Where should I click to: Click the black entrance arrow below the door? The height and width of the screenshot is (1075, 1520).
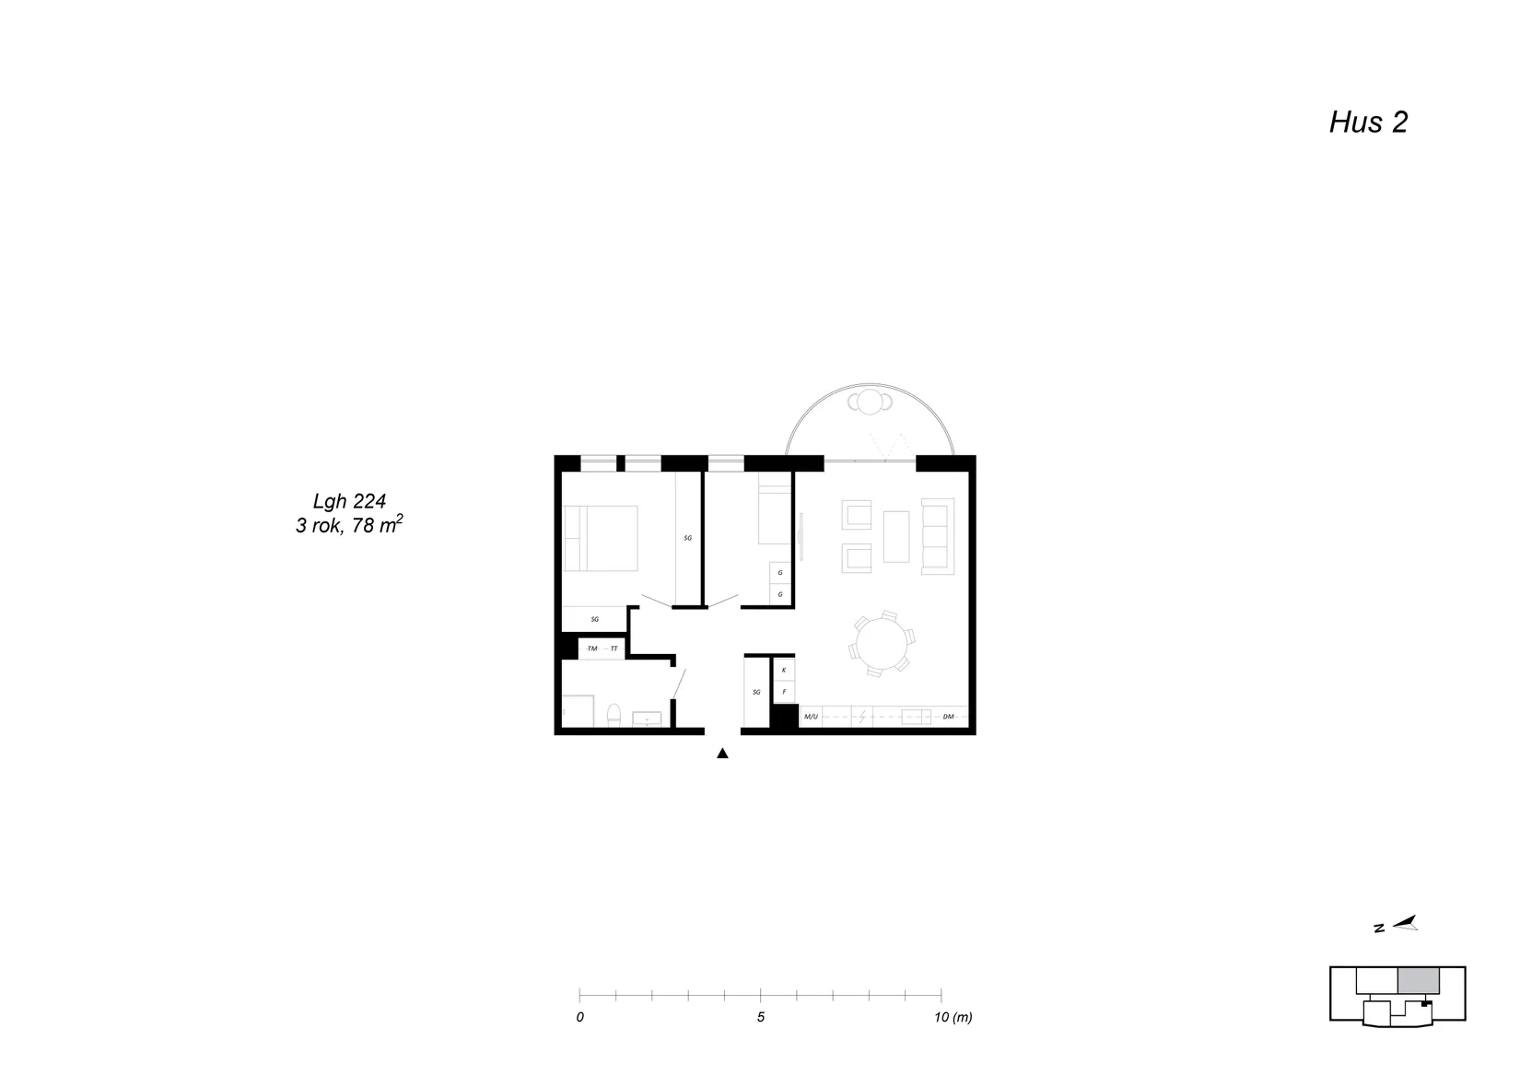tap(722, 753)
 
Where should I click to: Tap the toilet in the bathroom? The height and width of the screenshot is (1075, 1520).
tap(614, 716)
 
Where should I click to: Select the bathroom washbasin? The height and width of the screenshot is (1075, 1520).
tap(647, 719)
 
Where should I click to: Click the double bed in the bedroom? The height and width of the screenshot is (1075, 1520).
tap(601, 538)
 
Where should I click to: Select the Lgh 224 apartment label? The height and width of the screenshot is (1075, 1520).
tap(349, 501)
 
